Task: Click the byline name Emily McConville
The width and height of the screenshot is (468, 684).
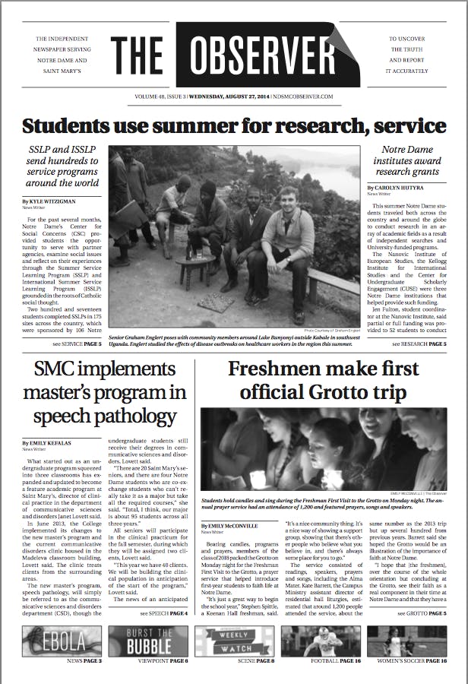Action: pos(236,525)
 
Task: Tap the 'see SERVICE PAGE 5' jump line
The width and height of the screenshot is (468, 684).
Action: pos(71,344)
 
